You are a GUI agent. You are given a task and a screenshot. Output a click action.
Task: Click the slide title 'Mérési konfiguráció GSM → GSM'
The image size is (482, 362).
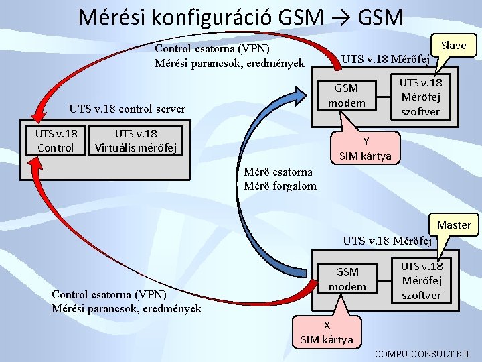240,17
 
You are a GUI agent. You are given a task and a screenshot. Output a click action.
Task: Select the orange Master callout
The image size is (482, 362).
454,225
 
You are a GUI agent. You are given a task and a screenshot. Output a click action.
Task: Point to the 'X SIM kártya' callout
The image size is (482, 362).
327,332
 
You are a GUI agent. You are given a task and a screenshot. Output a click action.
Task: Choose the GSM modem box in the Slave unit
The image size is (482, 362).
346,95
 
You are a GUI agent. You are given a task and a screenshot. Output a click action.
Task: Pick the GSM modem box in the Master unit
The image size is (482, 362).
347,279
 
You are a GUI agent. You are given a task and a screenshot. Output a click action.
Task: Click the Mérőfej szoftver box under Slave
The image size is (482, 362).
420,97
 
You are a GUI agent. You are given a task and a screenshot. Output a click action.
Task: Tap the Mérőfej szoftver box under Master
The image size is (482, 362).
421,280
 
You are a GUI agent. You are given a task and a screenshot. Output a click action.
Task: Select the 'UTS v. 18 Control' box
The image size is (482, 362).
56,140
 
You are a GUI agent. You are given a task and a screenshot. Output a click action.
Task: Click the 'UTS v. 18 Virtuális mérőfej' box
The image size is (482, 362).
136,140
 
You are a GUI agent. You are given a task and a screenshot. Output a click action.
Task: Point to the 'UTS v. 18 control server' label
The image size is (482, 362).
127,109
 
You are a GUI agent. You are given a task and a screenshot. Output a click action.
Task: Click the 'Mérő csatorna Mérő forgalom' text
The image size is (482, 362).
280,179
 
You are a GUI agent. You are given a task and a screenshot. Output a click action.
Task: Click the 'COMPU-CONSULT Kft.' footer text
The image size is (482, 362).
424,353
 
